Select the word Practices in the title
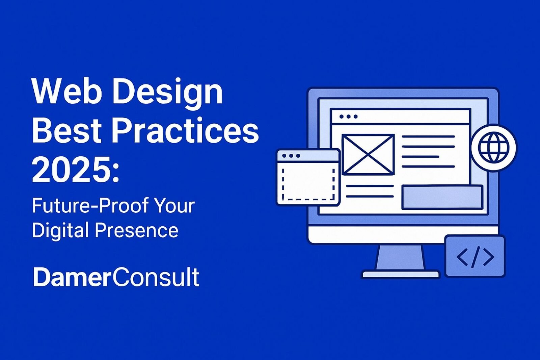(185, 131)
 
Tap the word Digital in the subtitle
(60, 231)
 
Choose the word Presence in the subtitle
(136, 231)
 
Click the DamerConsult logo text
(116, 277)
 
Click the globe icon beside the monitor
(493, 148)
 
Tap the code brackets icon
(475, 257)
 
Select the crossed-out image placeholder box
(368, 155)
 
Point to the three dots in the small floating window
(291, 156)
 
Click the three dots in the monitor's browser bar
(348, 117)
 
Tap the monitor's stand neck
(400, 257)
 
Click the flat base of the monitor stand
(400, 274)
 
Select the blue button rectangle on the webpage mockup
(442, 197)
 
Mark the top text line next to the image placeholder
(428, 137)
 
